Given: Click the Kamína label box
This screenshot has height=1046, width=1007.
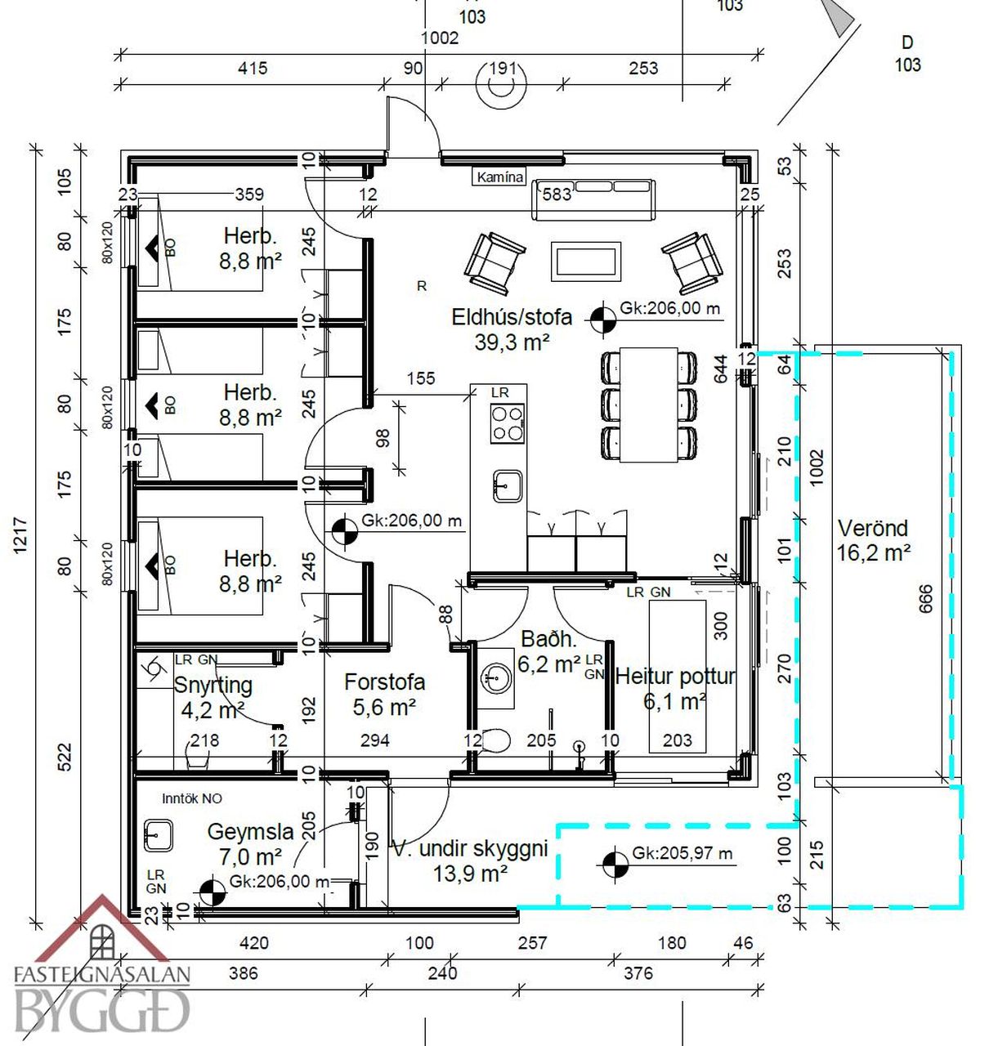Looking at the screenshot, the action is tap(499, 177).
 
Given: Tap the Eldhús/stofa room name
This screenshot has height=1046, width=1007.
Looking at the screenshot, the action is tap(512, 317).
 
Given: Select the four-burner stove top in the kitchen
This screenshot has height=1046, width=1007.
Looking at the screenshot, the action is tap(507, 423).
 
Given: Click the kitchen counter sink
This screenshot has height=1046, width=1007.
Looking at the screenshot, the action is tap(507, 486).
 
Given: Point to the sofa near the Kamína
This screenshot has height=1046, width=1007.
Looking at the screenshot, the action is tap(594, 199).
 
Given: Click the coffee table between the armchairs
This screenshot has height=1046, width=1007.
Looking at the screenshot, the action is tap(586, 261).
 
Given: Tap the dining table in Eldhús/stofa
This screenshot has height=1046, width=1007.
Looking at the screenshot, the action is tap(648, 405).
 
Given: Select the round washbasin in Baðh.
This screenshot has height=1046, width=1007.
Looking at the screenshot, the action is tap(495, 677).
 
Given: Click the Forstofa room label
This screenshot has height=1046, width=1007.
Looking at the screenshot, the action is tap(384, 682).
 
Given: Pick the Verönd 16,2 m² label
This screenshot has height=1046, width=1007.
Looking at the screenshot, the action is tap(873, 540).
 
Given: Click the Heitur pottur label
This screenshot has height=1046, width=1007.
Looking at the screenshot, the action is tap(674, 676).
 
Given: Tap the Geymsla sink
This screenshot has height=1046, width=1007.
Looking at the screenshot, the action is tap(158, 835).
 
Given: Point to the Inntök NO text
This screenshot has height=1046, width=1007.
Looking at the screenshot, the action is tap(192, 798).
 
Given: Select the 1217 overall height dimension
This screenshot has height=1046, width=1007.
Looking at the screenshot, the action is tap(20, 535).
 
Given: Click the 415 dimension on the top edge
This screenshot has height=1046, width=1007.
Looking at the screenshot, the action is tap(252, 69).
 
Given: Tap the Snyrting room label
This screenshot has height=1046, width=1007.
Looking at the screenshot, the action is tap(213, 685).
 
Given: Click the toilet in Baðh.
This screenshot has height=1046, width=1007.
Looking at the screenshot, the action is tap(495, 741).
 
